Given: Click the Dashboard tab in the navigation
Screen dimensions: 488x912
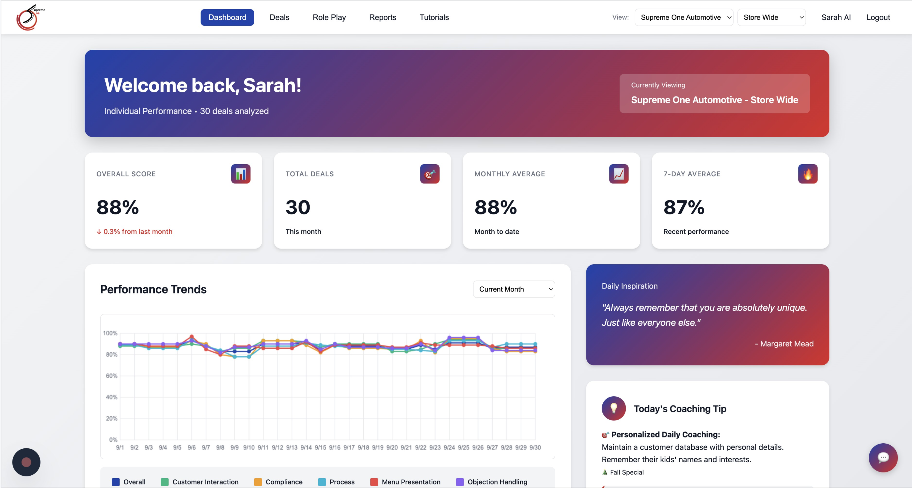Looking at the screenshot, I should [x=227, y=17].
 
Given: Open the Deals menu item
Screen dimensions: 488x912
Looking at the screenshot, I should [x=279, y=17].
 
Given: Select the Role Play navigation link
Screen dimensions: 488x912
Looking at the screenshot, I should [x=329, y=17].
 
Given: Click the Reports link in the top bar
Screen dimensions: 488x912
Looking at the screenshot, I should [x=382, y=17].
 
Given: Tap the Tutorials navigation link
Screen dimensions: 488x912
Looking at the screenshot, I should [x=434, y=17].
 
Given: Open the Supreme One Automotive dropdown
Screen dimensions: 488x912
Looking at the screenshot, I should [x=684, y=17].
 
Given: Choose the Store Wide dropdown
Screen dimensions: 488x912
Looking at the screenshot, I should [x=771, y=17].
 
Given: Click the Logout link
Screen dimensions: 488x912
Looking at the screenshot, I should [x=878, y=17].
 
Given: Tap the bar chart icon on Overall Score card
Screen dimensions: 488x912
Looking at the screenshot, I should [x=240, y=174].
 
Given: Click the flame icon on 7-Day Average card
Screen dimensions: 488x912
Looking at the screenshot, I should [x=808, y=174].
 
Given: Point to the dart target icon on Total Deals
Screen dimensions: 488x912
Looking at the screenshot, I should [x=430, y=174].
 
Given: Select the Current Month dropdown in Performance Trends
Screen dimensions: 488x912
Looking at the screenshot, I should [x=514, y=289].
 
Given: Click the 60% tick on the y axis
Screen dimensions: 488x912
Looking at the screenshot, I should [x=111, y=376].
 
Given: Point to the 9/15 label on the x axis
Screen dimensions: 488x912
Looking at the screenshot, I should [x=320, y=447].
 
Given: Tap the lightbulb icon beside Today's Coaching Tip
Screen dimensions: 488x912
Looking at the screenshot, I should [x=614, y=408].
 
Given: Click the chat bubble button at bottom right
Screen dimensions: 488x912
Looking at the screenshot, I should [x=883, y=457].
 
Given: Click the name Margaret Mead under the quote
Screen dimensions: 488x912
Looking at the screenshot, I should [x=787, y=344].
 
